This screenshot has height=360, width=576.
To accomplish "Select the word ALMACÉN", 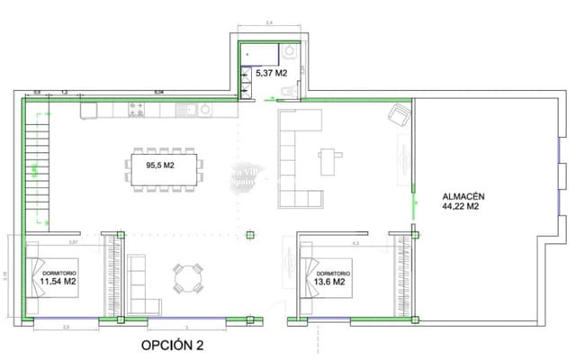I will tap(464, 195).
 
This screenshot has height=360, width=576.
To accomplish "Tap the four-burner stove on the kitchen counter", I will tap(139, 110).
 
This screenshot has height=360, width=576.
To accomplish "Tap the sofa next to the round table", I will tap(138, 279).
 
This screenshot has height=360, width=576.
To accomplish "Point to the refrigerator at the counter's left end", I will tap(88, 110).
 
